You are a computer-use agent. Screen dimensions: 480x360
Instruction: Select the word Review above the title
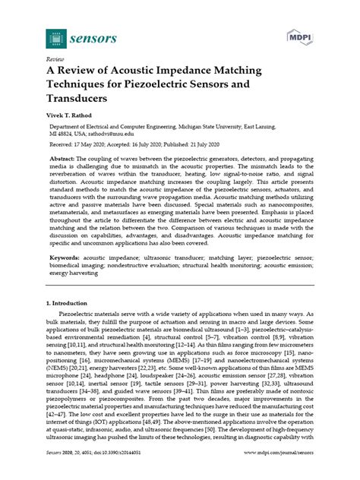click(x=55, y=57)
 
